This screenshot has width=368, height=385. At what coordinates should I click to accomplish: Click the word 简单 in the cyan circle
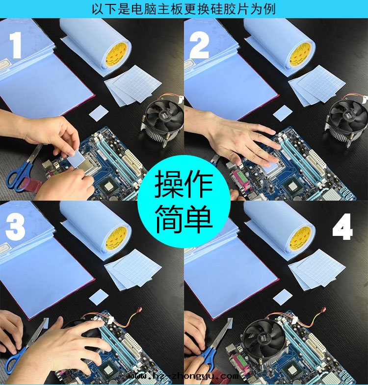point(184,219)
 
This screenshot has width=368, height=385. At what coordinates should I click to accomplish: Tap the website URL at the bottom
point(184,376)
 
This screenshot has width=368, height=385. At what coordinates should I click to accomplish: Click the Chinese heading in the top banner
point(184,9)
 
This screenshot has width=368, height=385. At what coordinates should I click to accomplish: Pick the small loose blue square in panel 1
point(99,112)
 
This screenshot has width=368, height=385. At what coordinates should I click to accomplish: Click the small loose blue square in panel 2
point(283,113)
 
